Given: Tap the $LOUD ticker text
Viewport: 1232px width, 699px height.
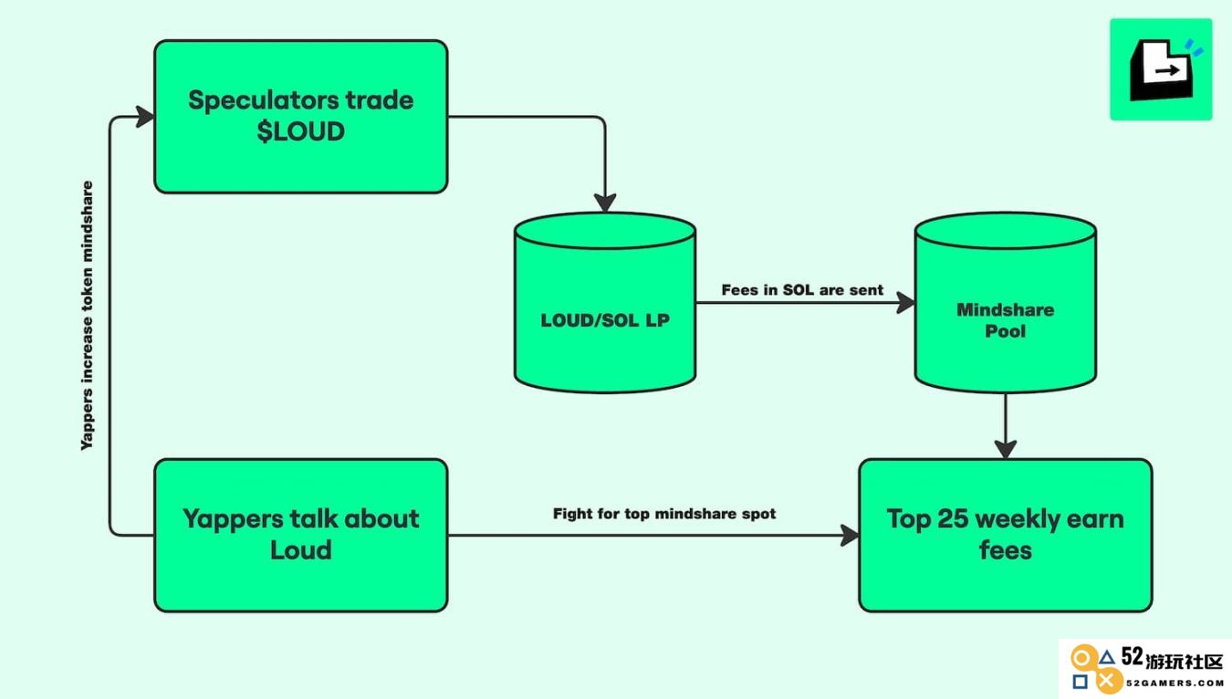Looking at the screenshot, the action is point(301,131).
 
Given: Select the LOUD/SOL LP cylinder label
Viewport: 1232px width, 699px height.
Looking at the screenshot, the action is point(605,320).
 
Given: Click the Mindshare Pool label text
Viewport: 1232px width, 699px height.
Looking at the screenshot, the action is point(1006,320).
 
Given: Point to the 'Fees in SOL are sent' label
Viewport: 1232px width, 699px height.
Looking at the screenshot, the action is point(802,290).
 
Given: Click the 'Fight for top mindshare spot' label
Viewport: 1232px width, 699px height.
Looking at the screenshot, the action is point(664,514).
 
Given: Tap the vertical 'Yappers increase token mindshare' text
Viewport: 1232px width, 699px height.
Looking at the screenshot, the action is point(87,316).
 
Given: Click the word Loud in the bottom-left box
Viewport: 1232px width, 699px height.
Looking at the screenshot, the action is point(301,550).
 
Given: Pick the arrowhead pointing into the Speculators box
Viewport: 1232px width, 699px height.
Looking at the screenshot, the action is point(145,117).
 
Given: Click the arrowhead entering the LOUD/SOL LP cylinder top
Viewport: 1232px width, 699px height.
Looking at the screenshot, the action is point(605,203).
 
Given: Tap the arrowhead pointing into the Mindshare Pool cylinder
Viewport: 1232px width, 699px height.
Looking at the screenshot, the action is point(906,302).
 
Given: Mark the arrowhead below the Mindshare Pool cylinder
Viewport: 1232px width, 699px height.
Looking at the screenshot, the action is point(1006,449).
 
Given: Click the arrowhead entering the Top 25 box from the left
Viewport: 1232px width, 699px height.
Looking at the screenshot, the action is point(850,535).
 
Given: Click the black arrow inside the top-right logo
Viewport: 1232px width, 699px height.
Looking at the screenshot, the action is point(1167,70).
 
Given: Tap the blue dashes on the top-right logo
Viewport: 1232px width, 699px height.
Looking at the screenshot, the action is point(1194,47).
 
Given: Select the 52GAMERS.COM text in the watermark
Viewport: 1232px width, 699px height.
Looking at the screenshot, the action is point(1175,683).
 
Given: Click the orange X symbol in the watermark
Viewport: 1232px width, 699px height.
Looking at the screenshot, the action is point(1107,682).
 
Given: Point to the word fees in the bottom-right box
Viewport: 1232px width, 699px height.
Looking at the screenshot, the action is point(1006,550).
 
